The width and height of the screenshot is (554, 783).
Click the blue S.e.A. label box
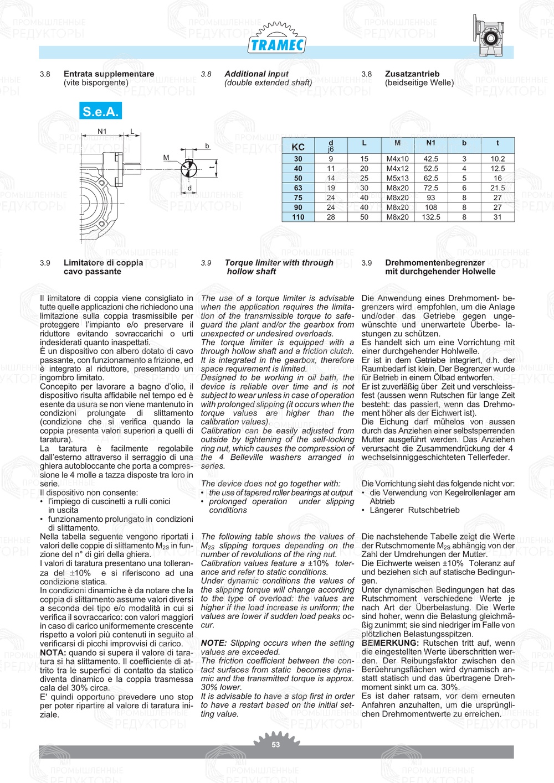(x=100, y=111)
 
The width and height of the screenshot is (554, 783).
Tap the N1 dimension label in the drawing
(x=102, y=131)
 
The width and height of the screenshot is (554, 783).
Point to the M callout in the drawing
(x=166, y=158)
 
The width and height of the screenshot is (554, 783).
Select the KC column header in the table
(x=298, y=147)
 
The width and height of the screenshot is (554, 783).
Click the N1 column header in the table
(x=430, y=143)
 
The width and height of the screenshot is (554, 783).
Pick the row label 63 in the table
(x=298, y=188)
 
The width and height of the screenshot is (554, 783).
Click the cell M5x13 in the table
(x=397, y=178)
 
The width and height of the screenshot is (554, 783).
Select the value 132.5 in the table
(x=430, y=217)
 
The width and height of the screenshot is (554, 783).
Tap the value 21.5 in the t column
(x=497, y=188)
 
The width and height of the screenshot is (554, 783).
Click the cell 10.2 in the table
(x=497, y=159)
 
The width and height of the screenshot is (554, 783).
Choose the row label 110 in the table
(x=298, y=217)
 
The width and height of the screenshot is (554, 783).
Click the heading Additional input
(x=257, y=74)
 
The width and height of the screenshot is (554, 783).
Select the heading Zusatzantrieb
(x=412, y=74)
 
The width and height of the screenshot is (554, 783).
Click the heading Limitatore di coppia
(x=103, y=263)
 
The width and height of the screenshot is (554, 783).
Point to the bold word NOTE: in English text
(x=214, y=643)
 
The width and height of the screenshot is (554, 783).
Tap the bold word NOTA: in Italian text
(x=53, y=652)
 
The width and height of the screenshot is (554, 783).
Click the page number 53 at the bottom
(x=276, y=745)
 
